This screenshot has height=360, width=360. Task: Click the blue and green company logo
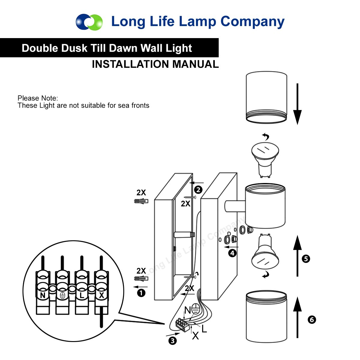(89, 22)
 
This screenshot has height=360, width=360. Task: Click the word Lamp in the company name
(198, 22)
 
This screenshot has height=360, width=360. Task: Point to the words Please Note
(38, 98)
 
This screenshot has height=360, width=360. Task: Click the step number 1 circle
(141, 293)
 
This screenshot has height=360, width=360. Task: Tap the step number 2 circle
(198, 190)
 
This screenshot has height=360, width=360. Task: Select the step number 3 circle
(172, 340)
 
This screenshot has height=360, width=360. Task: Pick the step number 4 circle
(232, 253)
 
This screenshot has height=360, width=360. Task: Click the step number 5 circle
(306, 259)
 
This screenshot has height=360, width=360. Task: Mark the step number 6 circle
(312, 319)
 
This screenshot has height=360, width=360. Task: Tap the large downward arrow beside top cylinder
(297, 104)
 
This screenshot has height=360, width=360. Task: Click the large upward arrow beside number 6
(297, 318)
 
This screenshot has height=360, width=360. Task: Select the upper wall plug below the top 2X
(141, 201)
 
